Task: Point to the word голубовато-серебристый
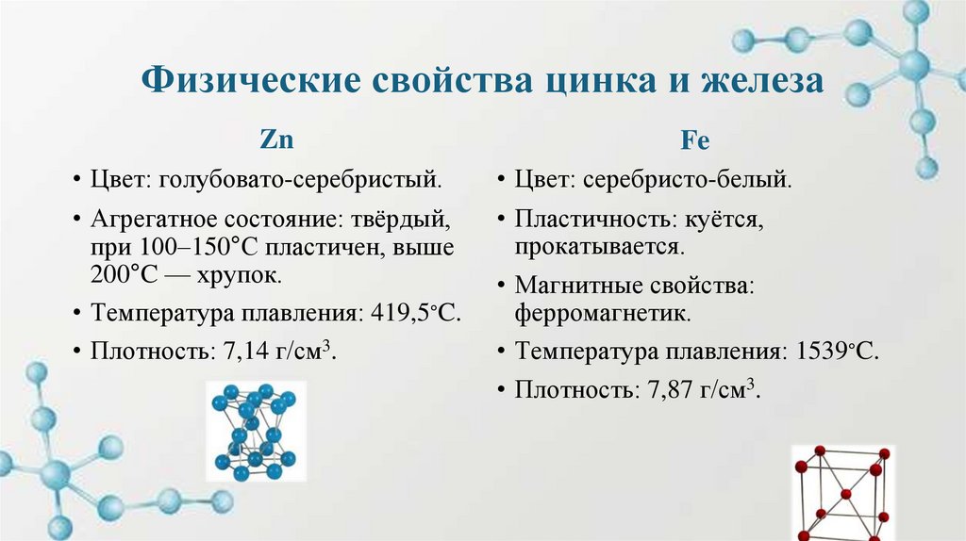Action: coord(301,178)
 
